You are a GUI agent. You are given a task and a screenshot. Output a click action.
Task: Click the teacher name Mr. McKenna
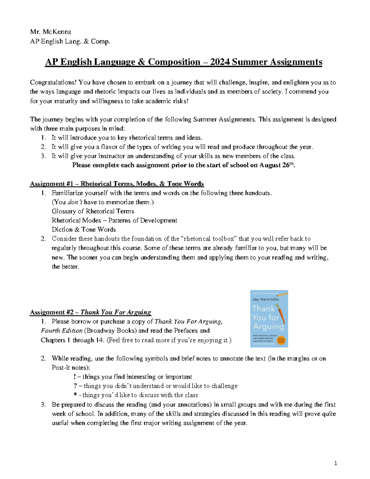tap(51, 32)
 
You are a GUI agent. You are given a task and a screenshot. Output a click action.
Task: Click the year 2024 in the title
tap(220, 62)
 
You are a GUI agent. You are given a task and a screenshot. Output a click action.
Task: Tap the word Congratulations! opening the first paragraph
tap(53, 82)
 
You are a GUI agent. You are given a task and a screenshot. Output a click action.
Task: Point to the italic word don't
tap(75, 202)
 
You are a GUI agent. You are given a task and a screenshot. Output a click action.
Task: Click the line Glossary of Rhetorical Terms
tap(93, 211)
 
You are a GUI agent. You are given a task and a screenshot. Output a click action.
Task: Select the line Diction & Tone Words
tap(84, 229)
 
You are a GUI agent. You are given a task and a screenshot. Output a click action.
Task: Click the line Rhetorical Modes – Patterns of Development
tap(114, 220)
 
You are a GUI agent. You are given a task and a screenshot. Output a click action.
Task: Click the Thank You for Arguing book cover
tap(269, 319)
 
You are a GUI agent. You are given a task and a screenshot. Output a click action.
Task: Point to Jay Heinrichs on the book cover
tap(265, 299)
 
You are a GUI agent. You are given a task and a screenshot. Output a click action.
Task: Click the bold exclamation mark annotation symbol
tap(75, 377)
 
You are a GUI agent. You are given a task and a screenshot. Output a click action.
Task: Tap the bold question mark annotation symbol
tap(75, 386)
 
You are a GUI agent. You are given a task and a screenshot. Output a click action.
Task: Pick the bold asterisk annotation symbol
tap(75, 395)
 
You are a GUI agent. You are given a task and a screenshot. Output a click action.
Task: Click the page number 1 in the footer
tap(336, 463)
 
